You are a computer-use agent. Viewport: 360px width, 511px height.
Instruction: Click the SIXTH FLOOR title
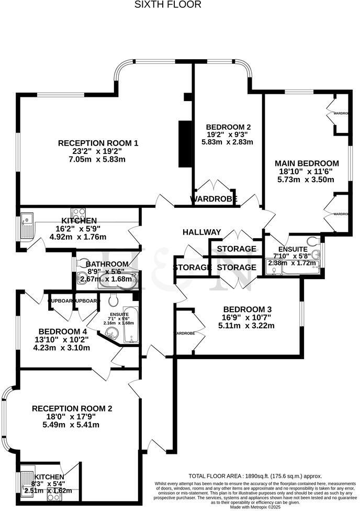coord(167,5)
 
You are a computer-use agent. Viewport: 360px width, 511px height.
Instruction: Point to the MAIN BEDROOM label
coord(307,163)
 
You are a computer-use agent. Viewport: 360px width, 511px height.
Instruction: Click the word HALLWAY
coord(201,232)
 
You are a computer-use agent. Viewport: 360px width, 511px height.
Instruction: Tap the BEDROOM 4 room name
coord(62,331)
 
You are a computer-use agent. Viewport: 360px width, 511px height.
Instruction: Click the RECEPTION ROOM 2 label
coord(72,408)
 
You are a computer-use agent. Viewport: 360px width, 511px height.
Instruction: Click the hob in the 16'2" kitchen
coord(78,214)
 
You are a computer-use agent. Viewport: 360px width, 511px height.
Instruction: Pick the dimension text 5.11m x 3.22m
coord(246,325)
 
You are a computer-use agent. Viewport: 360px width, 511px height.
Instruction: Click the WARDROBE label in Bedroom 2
coord(213,199)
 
